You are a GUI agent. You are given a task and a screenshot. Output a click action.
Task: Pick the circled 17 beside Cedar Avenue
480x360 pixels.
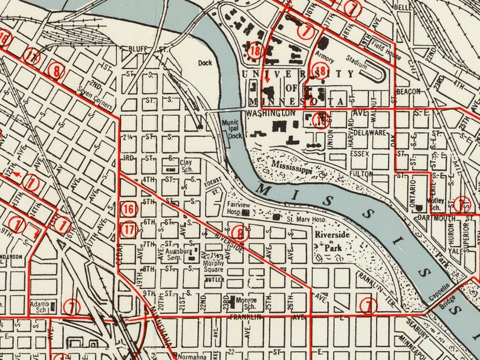pyautogui.click(x=129, y=229)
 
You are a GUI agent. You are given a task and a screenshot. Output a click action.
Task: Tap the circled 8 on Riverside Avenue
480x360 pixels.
pyautogui.click(x=240, y=233)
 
